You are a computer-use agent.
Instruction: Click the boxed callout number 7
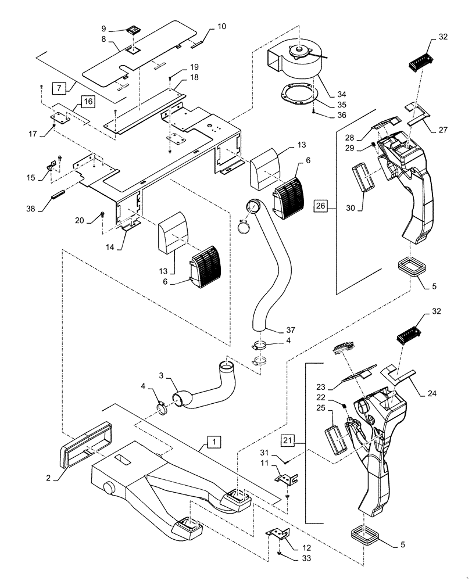click(58, 88)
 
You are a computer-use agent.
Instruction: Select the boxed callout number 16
click(86, 102)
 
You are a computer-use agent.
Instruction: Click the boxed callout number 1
click(214, 443)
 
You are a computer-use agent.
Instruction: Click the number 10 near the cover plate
click(206, 27)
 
